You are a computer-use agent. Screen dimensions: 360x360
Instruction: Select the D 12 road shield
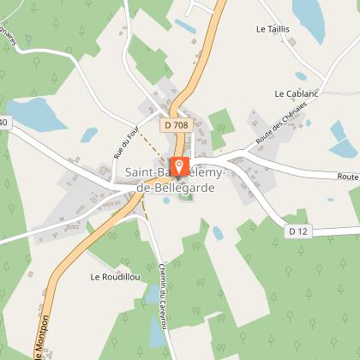pyautogui.click(x=297, y=231)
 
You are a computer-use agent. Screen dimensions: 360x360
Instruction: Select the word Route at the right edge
pyautogui.click(x=348, y=177)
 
